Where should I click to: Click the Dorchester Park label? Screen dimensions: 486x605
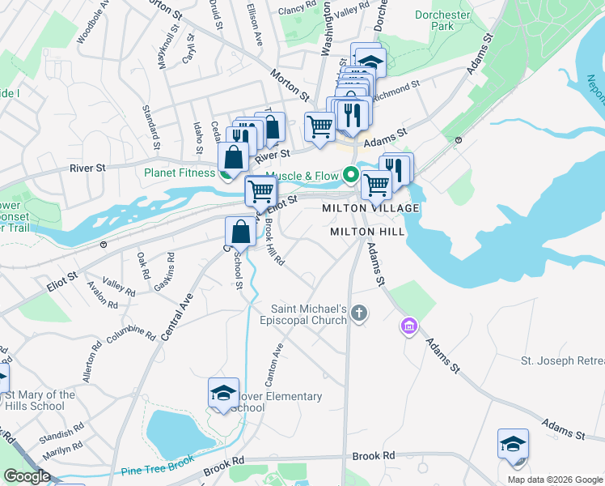(442, 20)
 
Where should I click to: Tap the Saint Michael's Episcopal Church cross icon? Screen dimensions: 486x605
(361, 312)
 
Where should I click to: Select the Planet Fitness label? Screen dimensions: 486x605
(181, 173)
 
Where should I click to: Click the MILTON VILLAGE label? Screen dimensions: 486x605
(370, 208)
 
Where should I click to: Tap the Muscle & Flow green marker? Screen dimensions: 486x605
(350, 174)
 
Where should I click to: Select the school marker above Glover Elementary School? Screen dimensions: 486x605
(223, 393)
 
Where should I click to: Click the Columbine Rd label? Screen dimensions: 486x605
(129, 335)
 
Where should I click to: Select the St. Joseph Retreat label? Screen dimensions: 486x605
(561, 360)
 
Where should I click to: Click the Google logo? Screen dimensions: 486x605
(27, 476)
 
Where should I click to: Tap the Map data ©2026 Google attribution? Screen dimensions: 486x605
(555, 480)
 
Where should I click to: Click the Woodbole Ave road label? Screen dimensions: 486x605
(91, 27)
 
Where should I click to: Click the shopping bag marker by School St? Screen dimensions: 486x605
(241, 232)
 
